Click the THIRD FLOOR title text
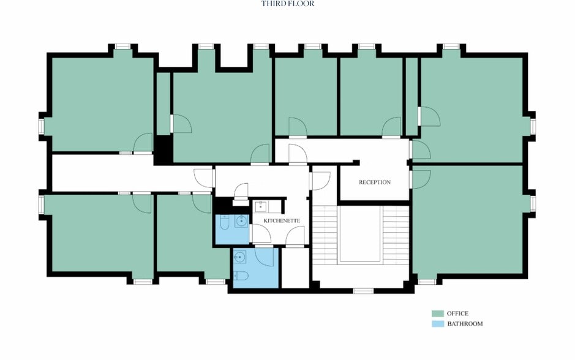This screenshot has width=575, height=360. (288, 4)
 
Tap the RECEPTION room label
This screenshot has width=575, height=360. (374, 182)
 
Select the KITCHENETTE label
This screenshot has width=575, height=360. (282, 220)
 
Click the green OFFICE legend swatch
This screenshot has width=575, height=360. (437, 313)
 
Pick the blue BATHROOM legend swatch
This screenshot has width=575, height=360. (437, 323)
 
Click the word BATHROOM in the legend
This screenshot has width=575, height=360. (464, 323)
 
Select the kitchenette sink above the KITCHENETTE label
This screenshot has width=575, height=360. (261, 206)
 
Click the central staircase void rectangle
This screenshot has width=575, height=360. (359, 234)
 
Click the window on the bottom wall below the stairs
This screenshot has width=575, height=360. (363, 290)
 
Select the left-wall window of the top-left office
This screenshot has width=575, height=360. (41, 126)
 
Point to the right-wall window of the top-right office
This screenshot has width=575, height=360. (533, 126)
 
